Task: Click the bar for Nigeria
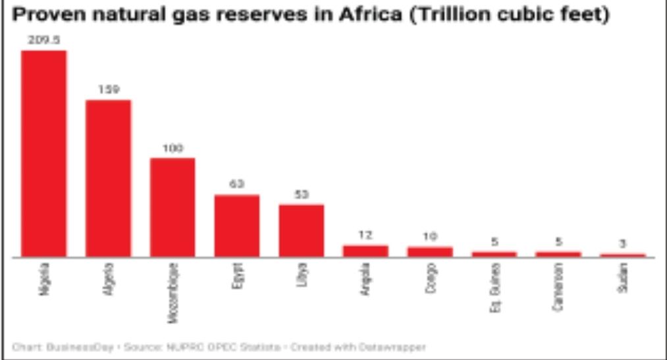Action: tap(44, 153)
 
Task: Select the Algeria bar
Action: tap(109, 178)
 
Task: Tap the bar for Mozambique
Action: tap(173, 207)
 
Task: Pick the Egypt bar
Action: tap(237, 226)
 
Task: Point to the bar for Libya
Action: tap(302, 230)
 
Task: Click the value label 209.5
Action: tap(44, 40)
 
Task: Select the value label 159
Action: tap(109, 90)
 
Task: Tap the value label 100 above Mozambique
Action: tap(173, 148)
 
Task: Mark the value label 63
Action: tap(237, 185)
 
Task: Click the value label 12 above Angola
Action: tap(365, 235)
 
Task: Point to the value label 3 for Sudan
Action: tap(623, 244)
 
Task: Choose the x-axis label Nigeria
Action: tap(45, 278)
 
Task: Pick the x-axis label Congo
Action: tap(431, 277)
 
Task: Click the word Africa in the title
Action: tap(365, 14)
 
